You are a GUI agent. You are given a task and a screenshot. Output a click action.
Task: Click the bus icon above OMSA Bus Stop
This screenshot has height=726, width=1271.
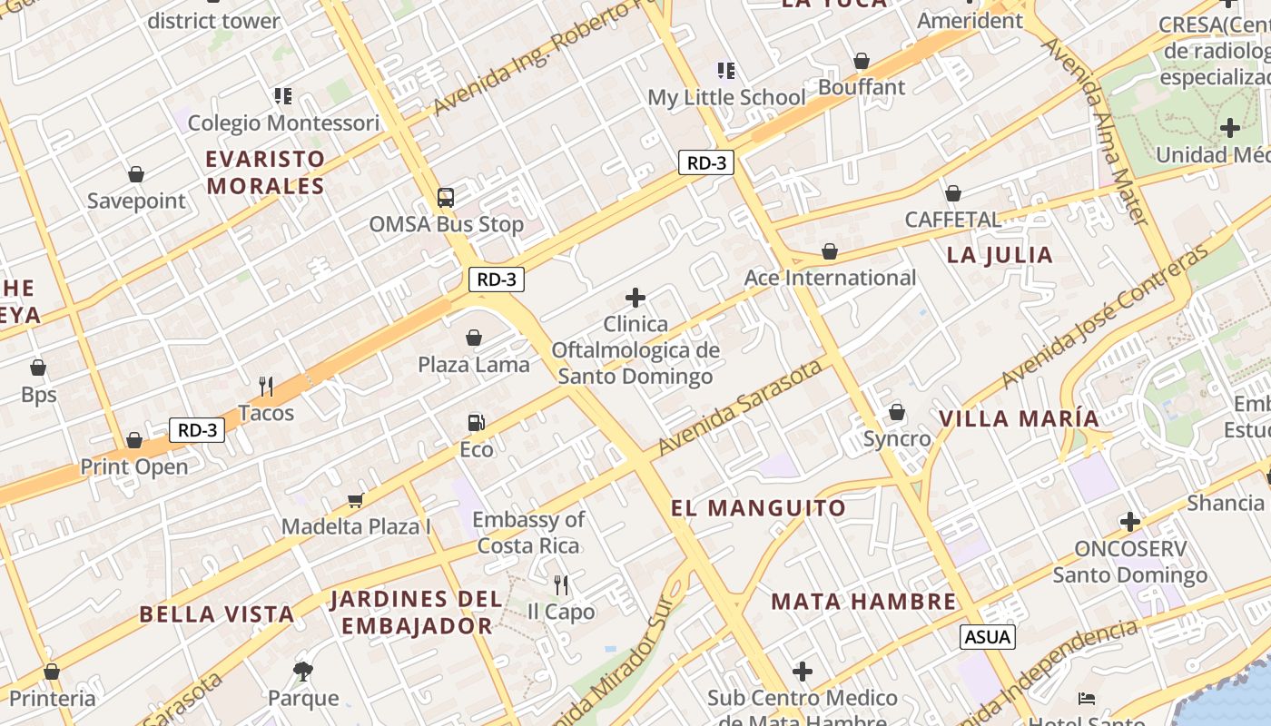coord(445,197)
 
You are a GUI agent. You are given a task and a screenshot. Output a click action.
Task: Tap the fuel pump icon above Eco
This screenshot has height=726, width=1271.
coord(476,422)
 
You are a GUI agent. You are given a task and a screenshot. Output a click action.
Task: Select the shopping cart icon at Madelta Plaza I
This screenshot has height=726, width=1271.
coord(356,500)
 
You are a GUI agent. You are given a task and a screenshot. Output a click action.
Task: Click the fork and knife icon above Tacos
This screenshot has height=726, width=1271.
coord(266,386)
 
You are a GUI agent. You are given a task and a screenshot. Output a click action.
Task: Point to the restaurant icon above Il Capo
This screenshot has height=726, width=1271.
coord(561,584)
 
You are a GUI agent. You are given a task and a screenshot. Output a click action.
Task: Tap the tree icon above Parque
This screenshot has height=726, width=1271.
coord(303,672)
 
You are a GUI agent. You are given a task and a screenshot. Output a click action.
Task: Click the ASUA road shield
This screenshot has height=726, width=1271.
coord(988,636)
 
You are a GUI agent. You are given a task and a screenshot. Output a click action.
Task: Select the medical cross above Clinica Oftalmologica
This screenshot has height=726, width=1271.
coord(635,297)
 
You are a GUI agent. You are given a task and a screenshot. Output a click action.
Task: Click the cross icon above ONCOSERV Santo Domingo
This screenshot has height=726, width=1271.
coord(1129,522)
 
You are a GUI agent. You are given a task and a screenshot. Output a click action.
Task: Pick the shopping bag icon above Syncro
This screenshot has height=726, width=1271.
coord(897,412)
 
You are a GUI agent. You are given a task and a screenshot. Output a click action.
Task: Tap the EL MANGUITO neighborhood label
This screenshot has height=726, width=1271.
coord(758,508)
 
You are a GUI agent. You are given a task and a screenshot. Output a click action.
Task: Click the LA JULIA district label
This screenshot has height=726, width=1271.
coord(1000,255)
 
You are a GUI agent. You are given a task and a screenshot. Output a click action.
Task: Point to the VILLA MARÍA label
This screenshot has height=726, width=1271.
coord(1020,419)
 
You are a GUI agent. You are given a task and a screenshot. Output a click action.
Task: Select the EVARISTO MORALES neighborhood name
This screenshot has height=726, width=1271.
coord(265,172)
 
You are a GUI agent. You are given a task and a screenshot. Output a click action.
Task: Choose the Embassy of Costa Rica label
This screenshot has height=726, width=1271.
coord(528,533)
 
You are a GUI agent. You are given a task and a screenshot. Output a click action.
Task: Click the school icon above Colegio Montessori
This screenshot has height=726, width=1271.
coord(283,95)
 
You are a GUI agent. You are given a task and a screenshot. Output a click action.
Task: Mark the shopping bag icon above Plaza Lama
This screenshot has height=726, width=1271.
coord(474,338)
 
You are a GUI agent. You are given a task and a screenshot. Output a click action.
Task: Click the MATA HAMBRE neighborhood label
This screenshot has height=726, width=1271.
coord(863,602)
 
